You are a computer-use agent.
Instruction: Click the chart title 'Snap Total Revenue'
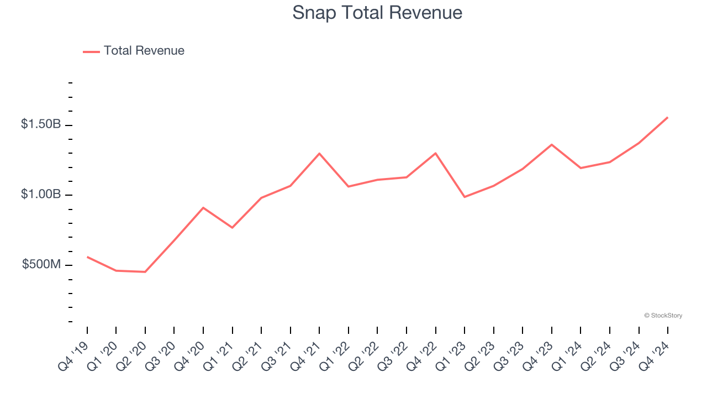pyautogui.click(x=377, y=13)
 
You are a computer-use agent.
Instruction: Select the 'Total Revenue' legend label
pyautogui.click(x=144, y=51)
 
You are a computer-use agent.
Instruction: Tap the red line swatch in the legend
pyautogui.click(x=91, y=51)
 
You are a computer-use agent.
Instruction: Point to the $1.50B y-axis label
pyautogui.click(x=41, y=124)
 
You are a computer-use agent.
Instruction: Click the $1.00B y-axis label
pyautogui.click(x=41, y=195)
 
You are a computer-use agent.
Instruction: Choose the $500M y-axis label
pyautogui.click(x=41, y=265)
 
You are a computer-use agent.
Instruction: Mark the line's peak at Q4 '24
pyautogui.click(x=668, y=117)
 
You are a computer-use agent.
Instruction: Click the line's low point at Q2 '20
pyautogui.click(x=145, y=272)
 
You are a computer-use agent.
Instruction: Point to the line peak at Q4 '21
pyautogui.click(x=319, y=153)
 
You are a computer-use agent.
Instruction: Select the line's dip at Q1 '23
pyautogui.click(x=465, y=197)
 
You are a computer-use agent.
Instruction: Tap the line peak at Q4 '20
pyautogui.click(x=203, y=207)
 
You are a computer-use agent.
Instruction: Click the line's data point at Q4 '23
pyautogui.click(x=552, y=144)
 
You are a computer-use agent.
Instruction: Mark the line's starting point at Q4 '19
pyautogui.click(x=87, y=256)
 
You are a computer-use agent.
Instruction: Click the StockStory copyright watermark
pyautogui.click(x=663, y=316)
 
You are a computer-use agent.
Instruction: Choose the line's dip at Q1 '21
pyautogui.click(x=233, y=228)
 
